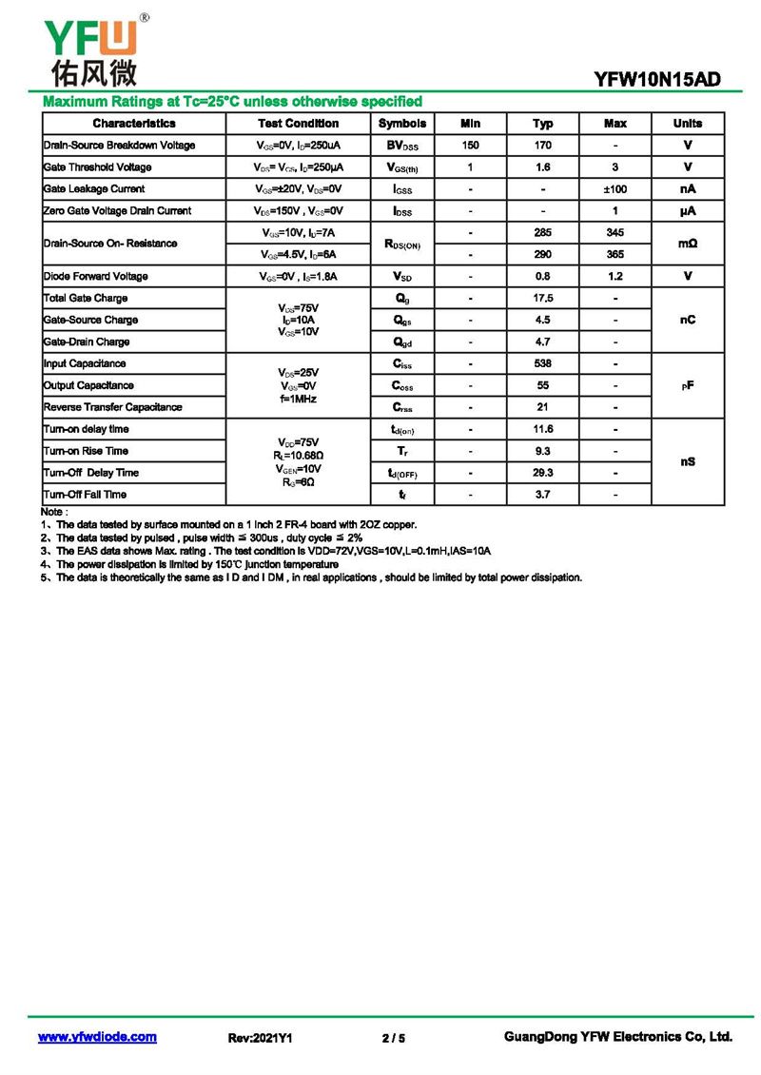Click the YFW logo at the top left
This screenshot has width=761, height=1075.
point(91,49)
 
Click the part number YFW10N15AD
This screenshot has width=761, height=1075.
point(656,80)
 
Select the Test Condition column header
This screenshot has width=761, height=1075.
point(298,124)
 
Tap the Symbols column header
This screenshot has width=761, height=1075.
point(402,124)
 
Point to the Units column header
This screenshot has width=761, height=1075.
point(687,124)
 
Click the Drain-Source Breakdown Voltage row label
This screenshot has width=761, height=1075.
point(119,146)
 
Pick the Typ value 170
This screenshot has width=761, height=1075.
point(542,146)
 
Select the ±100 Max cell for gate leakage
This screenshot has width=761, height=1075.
point(615,189)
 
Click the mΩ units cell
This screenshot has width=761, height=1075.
point(687,244)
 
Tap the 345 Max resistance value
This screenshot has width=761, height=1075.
point(615,233)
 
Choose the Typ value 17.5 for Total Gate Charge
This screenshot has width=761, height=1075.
point(542,299)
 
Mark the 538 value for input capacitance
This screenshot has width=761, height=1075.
point(542,363)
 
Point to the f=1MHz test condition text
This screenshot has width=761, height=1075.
point(298,400)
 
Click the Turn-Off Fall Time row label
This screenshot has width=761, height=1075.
point(85,495)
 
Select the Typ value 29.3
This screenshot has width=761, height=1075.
point(542,473)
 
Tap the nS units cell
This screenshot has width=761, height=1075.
point(687,461)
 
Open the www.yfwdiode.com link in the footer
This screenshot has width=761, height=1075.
point(97,1037)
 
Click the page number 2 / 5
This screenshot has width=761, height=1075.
point(393,1038)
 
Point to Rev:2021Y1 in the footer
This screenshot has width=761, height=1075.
point(260,1038)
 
